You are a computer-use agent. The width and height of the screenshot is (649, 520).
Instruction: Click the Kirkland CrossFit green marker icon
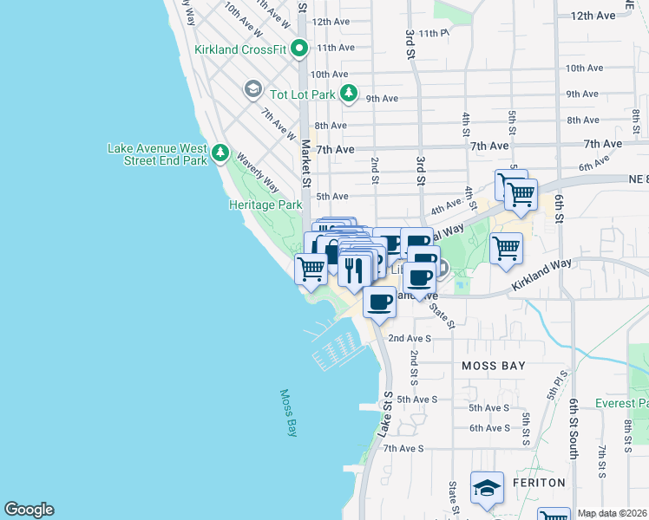(x=300, y=49)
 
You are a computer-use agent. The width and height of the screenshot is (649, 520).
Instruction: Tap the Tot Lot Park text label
(x=301, y=94)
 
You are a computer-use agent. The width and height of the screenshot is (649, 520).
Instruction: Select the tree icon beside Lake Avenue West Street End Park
(x=221, y=154)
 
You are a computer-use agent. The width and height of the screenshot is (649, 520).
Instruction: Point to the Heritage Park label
(x=265, y=205)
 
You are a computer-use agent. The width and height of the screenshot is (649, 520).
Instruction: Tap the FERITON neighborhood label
(x=537, y=482)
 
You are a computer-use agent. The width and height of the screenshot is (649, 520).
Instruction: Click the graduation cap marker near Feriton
(x=487, y=488)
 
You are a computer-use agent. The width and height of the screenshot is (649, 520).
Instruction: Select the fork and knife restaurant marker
(x=355, y=270)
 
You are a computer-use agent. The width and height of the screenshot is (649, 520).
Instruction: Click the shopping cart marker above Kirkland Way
(x=506, y=248)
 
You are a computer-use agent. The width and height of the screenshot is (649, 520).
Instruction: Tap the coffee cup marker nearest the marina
(x=379, y=302)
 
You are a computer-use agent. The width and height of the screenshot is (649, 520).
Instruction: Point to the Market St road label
(x=305, y=165)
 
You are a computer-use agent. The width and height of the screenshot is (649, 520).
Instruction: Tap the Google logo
(x=29, y=510)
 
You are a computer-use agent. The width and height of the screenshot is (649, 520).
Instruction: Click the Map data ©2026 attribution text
(x=612, y=513)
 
